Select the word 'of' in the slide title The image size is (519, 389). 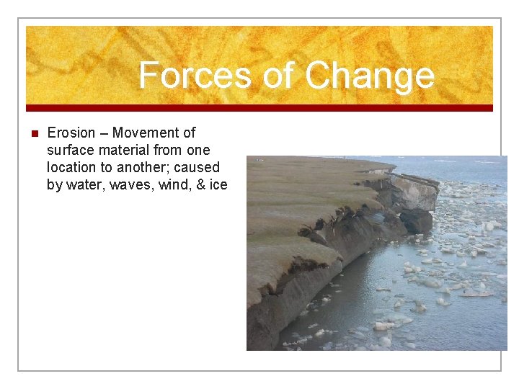(x=278, y=75)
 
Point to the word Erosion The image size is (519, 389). (x=71, y=133)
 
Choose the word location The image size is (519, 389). (x=72, y=167)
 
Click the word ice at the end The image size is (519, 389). (x=219, y=184)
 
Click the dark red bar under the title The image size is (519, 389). (x=259, y=108)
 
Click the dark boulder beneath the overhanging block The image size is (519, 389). (x=417, y=220)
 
